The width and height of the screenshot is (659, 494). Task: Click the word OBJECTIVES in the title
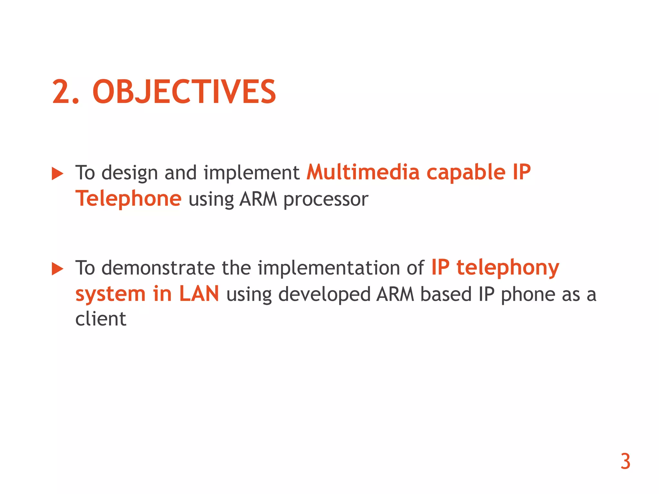coord(184,92)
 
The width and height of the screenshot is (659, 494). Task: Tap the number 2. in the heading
coord(66,92)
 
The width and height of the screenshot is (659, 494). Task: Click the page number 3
coord(625,462)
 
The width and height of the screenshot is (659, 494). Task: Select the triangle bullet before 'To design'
coord(58,174)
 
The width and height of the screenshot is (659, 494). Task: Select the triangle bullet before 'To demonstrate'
coord(58,269)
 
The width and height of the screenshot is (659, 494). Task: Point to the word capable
coord(466,173)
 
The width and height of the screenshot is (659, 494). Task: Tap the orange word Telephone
coord(128,198)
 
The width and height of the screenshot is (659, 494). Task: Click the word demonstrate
coord(158,268)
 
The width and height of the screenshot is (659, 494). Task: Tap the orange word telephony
coord(508,268)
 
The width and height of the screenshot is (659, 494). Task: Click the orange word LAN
coord(199,294)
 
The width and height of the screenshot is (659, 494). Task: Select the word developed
coord(324,295)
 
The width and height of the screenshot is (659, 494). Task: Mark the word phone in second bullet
coord(528,295)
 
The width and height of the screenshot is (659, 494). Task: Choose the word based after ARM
coord(446,294)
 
